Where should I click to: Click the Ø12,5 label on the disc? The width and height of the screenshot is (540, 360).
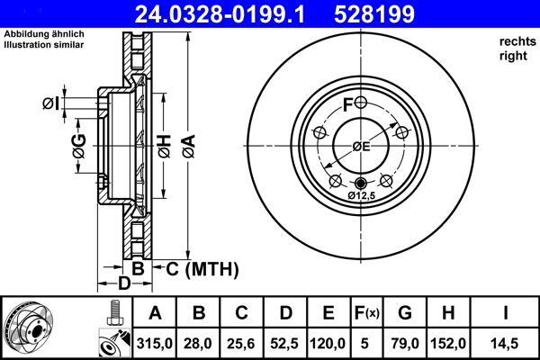[361, 195]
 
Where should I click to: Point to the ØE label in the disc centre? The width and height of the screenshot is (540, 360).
[361, 147]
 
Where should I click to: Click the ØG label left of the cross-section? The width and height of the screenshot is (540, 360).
[78, 144]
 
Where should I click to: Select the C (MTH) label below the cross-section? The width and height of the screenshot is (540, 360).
[199, 268]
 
